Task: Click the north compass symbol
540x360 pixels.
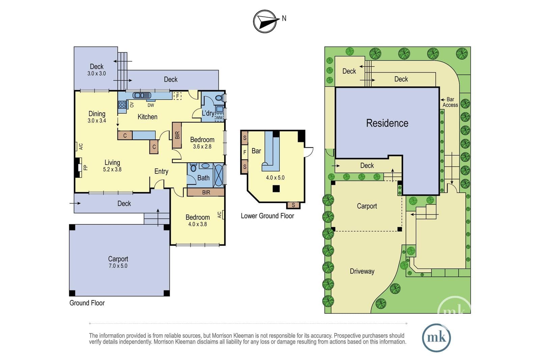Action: pyautogui.click(x=265, y=22)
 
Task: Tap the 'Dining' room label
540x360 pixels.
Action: pyautogui.click(x=97, y=114)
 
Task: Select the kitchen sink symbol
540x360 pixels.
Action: pyautogui.click(x=142, y=95)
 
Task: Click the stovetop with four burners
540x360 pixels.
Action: pyautogui.click(x=122, y=105)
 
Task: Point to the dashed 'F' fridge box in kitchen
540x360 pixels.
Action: pyautogui.click(x=178, y=96)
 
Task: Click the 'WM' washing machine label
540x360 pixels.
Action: pyautogui.click(x=219, y=118)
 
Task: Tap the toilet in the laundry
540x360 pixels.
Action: pyautogui.click(x=218, y=98)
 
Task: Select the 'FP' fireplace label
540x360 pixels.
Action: pyautogui.click(x=85, y=167)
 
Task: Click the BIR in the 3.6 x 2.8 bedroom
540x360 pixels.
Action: pyautogui.click(x=177, y=135)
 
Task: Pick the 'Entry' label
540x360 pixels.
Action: pyautogui.click(x=161, y=171)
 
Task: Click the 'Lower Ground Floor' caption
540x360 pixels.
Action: pyautogui.click(x=267, y=216)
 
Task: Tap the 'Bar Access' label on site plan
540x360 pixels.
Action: pyautogui.click(x=450, y=102)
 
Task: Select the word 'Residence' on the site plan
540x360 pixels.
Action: pyautogui.click(x=387, y=123)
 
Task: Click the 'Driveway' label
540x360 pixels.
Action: pyautogui.click(x=362, y=271)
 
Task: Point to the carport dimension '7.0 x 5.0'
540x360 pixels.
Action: pyautogui.click(x=118, y=266)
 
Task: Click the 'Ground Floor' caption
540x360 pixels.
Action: pyautogui.click(x=87, y=303)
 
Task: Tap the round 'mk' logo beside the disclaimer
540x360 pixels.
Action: pyautogui.click(x=436, y=338)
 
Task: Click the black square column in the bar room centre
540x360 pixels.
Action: pyautogui.click(x=276, y=188)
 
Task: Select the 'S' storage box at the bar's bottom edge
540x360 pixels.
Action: pyautogui.click(x=293, y=205)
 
